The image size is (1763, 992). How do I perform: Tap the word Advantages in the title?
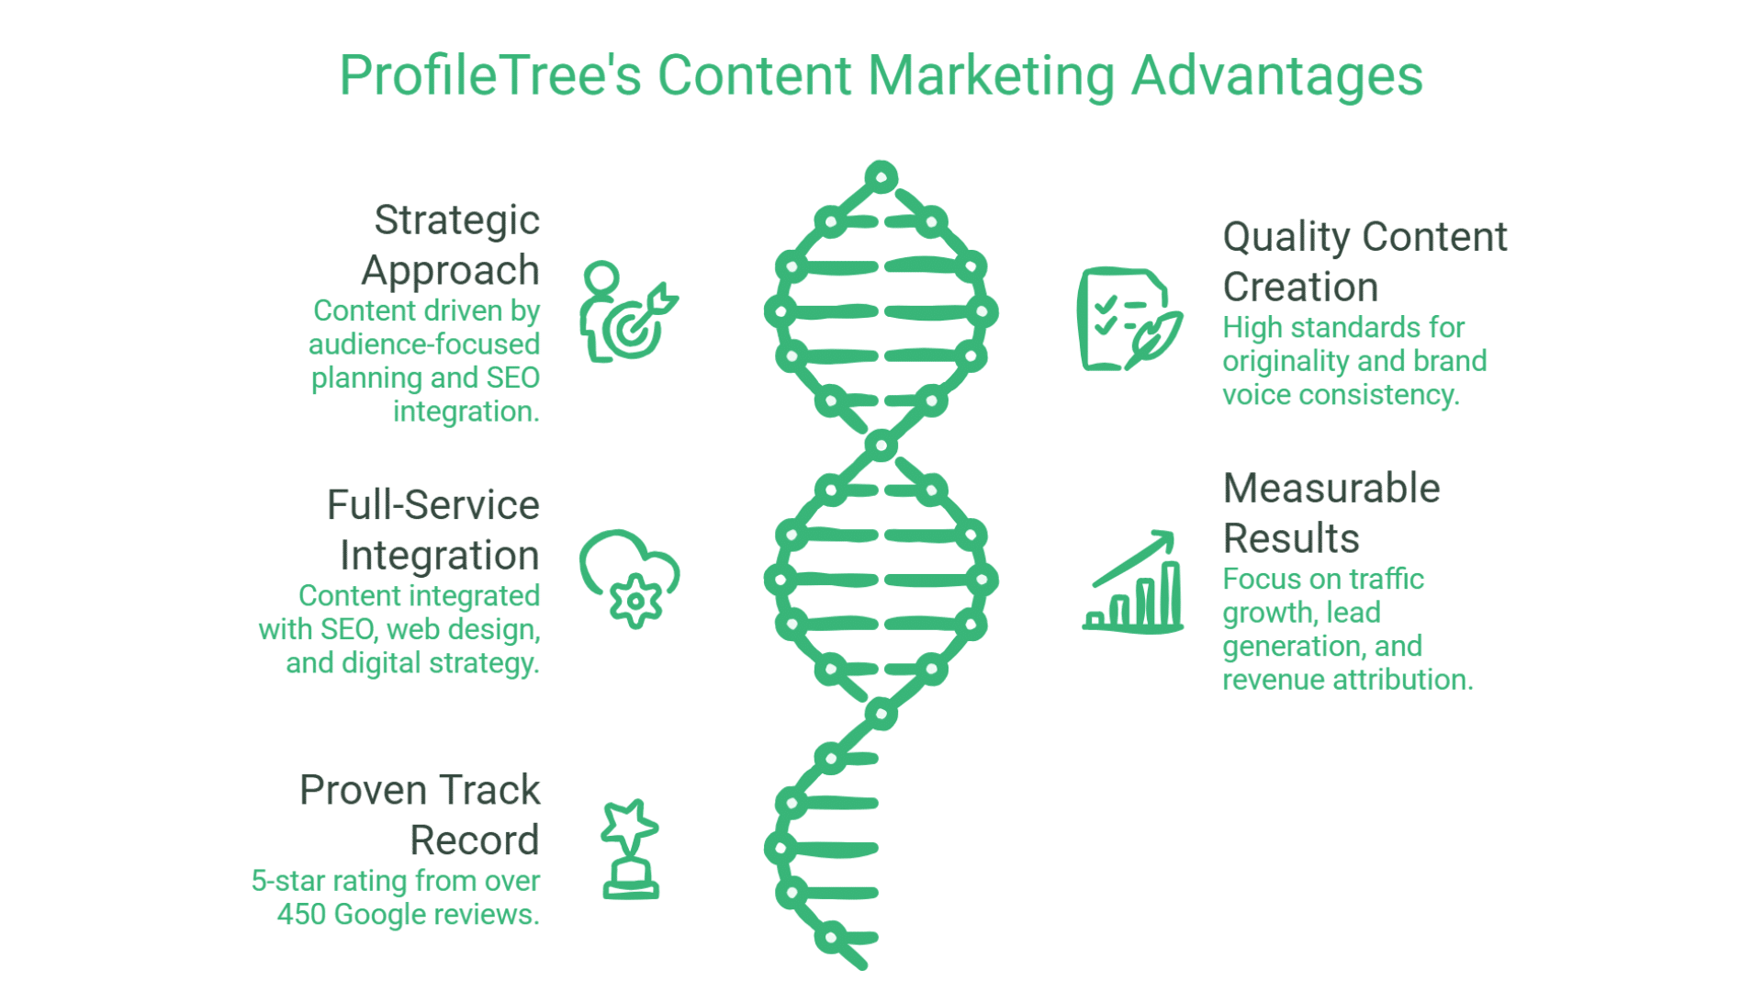1276,75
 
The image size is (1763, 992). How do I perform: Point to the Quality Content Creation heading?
1364,262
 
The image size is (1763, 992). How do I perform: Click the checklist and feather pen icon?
1129,319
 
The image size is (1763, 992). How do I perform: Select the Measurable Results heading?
1331,513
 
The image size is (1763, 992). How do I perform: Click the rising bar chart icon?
1133,583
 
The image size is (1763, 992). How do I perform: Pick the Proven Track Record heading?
421,815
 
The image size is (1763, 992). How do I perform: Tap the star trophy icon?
630,849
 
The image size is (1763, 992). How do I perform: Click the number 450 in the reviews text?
300,915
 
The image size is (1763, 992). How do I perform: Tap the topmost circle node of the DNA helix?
881,176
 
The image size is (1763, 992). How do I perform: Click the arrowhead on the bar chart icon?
1164,539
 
